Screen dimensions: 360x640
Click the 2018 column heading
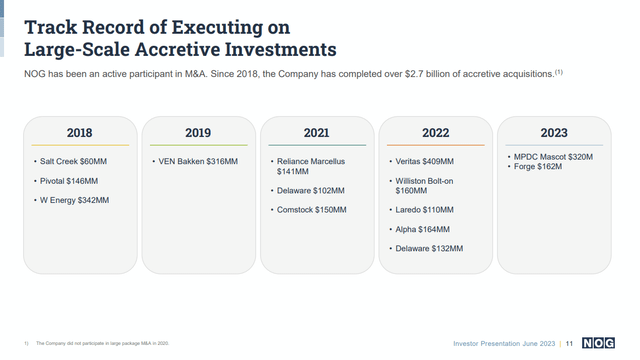[x=79, y=133]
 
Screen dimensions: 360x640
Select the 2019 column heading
[x=198, y=133]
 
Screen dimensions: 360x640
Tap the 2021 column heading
[x=316, y=133]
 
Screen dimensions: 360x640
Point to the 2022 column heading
[x=435, y=133]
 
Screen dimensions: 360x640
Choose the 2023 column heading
[x=553, y=133]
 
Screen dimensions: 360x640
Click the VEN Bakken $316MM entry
[x=198, y=161]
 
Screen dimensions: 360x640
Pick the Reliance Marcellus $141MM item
[x=312, y=166]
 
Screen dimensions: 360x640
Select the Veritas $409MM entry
[x=423, y=161]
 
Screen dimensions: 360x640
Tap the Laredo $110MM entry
[x=423, y=210]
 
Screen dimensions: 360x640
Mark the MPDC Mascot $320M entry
[x=551, y=157]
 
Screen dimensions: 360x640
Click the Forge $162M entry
[x=538, y=167]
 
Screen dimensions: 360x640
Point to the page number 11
[x=570, y=343]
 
